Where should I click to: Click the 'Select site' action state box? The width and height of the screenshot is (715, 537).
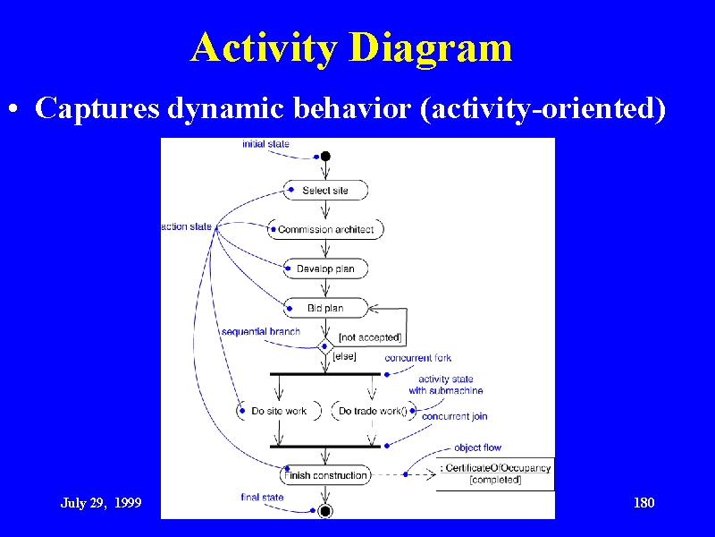[x=325, y=191]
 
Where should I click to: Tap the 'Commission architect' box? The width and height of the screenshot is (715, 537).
[x=325, y=229]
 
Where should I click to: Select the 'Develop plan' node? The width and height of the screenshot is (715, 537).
[x=325, y=268]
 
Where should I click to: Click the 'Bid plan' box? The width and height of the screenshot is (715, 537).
[x=325, y=308]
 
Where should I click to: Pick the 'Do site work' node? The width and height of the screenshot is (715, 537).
[x=279, y=411]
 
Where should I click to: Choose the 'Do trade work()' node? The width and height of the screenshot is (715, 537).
[x=373, y=411]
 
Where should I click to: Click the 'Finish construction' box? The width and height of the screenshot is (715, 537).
[x=325, y=475]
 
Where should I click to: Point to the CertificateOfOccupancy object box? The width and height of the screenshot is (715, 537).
[x=496, y=474]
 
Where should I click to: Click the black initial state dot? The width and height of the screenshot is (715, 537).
[x=325, y=157]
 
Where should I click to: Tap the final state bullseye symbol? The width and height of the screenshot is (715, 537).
[x=325, y=511]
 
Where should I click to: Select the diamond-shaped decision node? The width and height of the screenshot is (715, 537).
[x=325, y=346]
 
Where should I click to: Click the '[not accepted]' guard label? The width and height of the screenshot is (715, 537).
[x=370, y=337]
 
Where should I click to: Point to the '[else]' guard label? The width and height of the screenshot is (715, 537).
[x=345, y=356]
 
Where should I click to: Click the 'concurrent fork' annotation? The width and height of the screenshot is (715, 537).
[x=418, y=358]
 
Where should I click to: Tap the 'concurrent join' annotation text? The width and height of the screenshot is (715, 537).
[x=455, y=416]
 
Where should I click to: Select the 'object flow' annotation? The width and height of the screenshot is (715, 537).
[x=477, y=447]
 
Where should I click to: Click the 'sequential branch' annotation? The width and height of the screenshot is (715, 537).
[x=261, y=331]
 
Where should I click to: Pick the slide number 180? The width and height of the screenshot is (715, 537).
[x=643, y=503]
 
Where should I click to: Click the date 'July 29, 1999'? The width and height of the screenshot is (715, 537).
[x=101, y=503]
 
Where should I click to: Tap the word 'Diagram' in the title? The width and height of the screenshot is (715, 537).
[x=432, y=48]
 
